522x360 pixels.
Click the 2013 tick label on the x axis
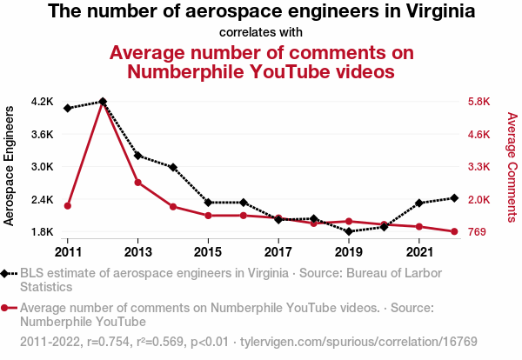[x=138, y=251]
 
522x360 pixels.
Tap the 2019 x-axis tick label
[x=349, y=251]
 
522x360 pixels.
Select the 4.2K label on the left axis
[x=42, y=102]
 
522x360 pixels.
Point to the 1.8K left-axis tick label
[x=42, y=232]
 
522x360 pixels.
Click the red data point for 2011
[x=68, y=205]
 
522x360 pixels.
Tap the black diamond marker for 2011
[x=68, y=108]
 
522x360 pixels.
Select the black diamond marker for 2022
[x=454, y=198]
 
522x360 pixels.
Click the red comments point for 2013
[x=138, y=183]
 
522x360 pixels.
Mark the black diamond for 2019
[x=349, y=231]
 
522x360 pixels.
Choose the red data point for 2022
[x=454, y=231]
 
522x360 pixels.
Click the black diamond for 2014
[x=173, y=167]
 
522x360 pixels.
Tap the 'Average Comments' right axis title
[x=512, y=166]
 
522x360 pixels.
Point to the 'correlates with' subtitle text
[x=261, y=32]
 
